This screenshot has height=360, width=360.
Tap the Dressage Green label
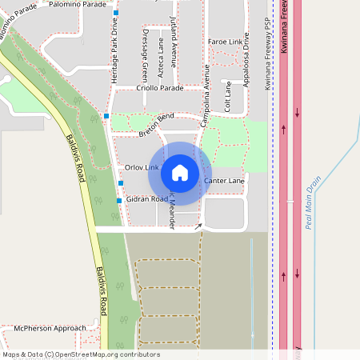[x=145, y=63]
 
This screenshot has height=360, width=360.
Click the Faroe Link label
[x=225, y=41]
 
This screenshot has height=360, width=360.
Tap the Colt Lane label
[x=228, y=94]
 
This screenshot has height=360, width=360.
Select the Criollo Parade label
[x=160, y=88]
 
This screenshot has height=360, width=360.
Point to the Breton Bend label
[x=156, y=121]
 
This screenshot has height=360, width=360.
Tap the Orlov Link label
[x=142, y=166]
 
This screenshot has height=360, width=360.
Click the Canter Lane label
[x=224, y=181]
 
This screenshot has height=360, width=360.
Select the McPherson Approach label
[x=50, y=328]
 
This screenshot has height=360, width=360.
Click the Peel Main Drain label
[x=314, y=202]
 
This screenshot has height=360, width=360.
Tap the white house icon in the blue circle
[x=180, y=173]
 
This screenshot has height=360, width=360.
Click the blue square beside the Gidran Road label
[x=119, y=200]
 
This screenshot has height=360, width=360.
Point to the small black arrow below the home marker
[x=198, y=226]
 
